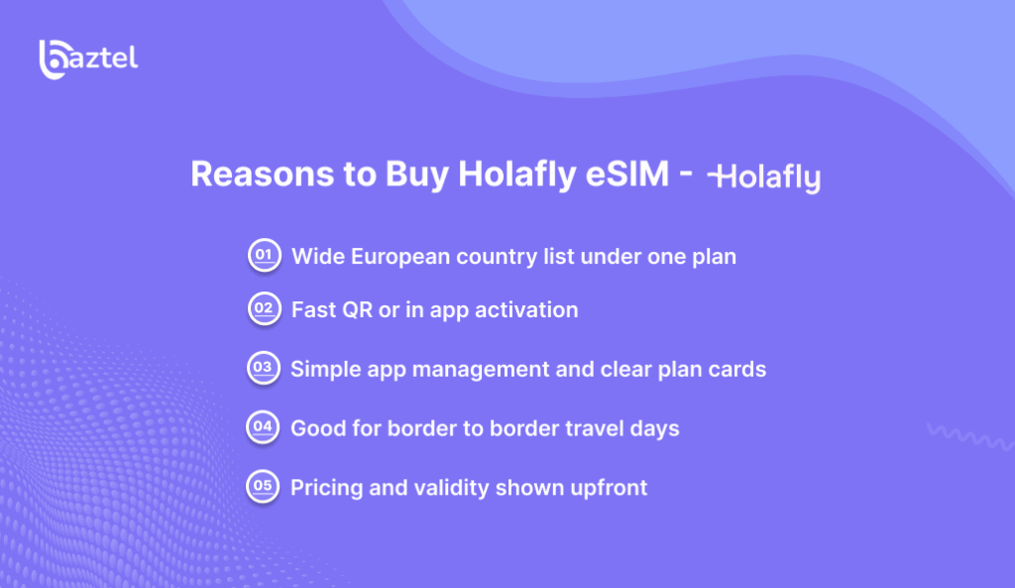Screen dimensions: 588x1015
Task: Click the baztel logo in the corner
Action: point(87,58)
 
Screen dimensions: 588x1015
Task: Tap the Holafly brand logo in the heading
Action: point(764,177)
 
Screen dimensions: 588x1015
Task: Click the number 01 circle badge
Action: point(263,256)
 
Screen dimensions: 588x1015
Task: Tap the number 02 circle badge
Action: point(263,309)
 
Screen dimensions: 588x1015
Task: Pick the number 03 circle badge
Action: point(263,369)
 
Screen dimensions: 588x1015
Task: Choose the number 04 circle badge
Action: point(263,428)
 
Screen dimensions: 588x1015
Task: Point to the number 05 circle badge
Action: point(263,487)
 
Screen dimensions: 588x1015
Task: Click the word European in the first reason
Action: point(401,257)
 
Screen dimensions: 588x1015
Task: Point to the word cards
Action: point(737,369)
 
